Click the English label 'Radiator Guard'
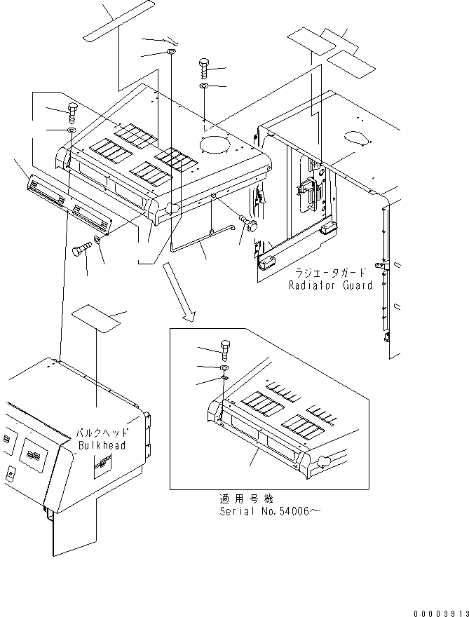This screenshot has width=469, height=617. (x=330, y=285)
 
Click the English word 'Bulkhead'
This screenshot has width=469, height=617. (x=102, y=445)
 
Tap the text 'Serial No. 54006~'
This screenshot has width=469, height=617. (x=270, y=511)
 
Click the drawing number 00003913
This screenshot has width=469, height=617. (x=441, y=613)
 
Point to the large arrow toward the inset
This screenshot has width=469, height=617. (x=179, y=293)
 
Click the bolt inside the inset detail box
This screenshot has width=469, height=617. (x=224, y=351)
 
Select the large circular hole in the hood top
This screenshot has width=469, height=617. (x=215, y=144)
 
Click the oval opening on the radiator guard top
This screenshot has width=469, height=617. (x=356, y=137)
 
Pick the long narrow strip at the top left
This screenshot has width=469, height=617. (x=118, y=20)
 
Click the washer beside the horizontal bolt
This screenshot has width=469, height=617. (x=97, y=239)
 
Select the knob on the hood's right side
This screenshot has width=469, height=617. (x=251, y=224)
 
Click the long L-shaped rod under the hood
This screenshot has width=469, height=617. (x=203, y=238)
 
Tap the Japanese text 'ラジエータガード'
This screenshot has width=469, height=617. (x=330, y=272)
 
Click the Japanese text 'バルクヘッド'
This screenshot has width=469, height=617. (x=102, y=433)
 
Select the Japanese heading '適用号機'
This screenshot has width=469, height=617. (x=246, y=499)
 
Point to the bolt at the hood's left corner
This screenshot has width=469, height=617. (x=72, y=113)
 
